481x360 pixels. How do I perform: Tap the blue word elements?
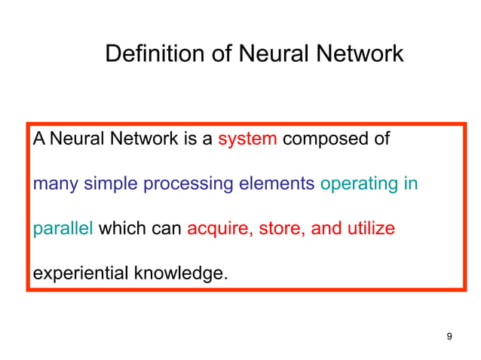coord(277,183)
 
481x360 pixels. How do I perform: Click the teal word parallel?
coord(63,228)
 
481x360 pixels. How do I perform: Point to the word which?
coord(121,227)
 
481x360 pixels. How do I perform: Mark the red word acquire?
coord(218,229)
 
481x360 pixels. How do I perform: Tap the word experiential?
coord(81,273)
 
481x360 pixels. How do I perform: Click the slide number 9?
coord(449,336)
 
